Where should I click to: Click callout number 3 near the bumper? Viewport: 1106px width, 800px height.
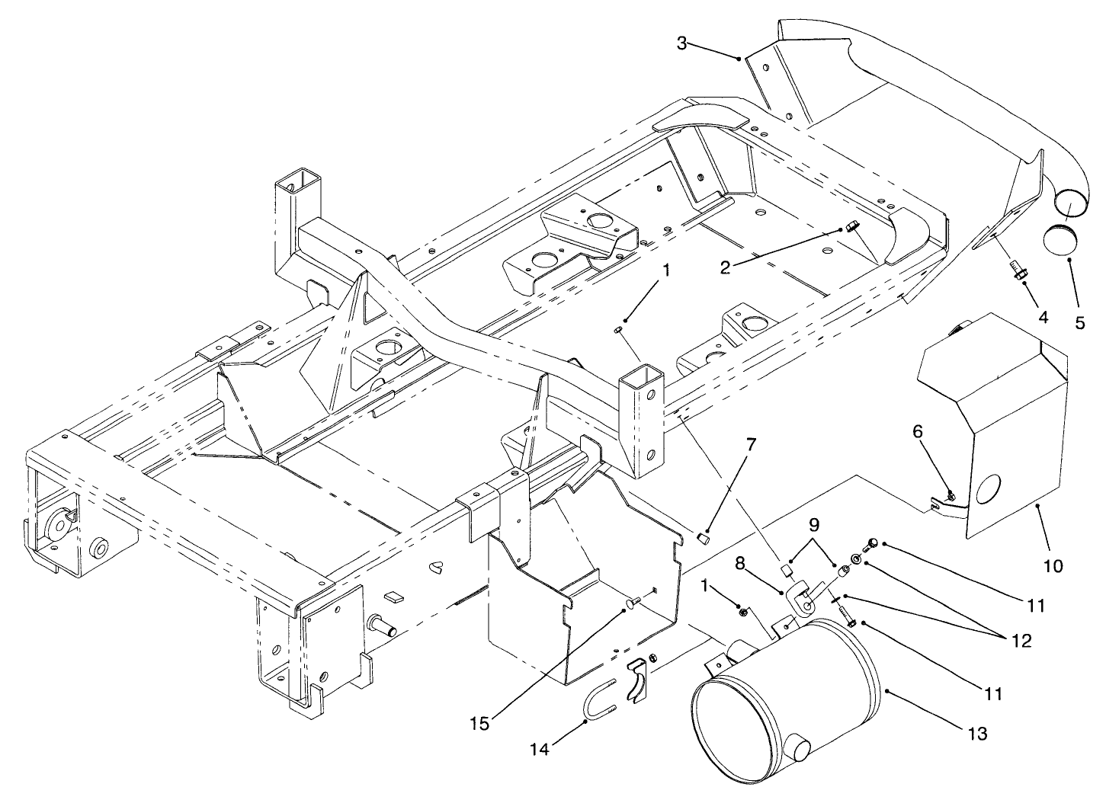[x=682, y=43]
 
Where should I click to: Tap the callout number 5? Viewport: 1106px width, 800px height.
[x=1079, y=322]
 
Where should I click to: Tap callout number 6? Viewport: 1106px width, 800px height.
[x=918, y=432]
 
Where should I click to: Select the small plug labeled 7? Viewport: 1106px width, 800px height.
[x=706, y=539]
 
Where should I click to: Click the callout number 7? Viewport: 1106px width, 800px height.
[x=751, y=446]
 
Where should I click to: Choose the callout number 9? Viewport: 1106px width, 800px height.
[x=813, y=525]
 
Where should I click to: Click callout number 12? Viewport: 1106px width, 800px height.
[x=1022, y=641]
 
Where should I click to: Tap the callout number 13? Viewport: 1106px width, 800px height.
[x=978, y=734]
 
